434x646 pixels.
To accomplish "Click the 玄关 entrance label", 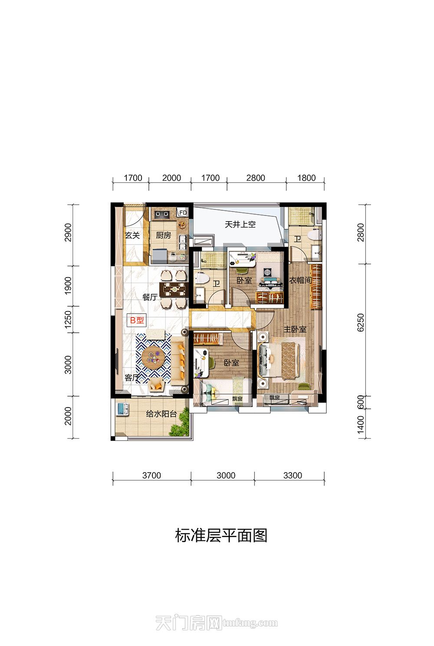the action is [132, 235].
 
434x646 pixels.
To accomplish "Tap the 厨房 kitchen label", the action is [163, 235].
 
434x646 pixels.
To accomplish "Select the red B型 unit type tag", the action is [137, 320].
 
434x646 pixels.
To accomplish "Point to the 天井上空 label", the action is [240, 224].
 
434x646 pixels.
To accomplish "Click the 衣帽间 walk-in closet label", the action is [300, 280].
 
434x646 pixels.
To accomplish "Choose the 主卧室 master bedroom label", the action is [295, 329].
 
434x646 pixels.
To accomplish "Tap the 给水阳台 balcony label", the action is [161, 414].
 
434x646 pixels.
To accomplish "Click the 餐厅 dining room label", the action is [150, 297].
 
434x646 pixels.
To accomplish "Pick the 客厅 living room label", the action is [132, 378].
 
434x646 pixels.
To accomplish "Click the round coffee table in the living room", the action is [153, 358].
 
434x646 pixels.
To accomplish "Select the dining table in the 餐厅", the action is [174, 290].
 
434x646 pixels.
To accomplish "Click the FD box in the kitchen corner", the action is [183, 212].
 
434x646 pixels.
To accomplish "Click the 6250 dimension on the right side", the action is [361, 323].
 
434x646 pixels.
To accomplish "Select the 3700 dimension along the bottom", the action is [151, 476].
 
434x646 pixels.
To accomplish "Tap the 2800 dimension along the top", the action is [256, 178].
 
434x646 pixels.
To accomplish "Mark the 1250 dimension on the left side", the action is [68, 319].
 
